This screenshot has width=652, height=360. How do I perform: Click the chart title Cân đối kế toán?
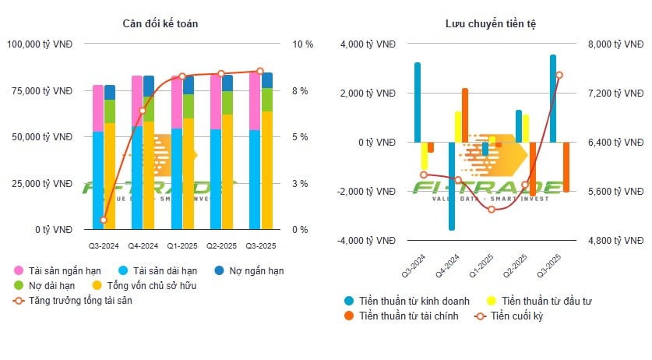160,23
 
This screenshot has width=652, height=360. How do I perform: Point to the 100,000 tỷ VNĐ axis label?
40,44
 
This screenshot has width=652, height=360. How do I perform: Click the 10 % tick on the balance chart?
302,44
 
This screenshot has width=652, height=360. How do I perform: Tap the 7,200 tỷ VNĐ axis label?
607,94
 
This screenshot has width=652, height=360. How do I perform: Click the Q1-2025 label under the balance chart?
182,245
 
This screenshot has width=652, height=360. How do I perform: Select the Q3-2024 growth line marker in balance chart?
104,220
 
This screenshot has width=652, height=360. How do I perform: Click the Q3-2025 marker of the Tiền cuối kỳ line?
559,75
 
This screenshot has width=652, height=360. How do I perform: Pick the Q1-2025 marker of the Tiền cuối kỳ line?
491,209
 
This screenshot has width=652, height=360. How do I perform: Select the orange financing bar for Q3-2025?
566,167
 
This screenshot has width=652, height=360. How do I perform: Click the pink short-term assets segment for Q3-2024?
98,108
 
